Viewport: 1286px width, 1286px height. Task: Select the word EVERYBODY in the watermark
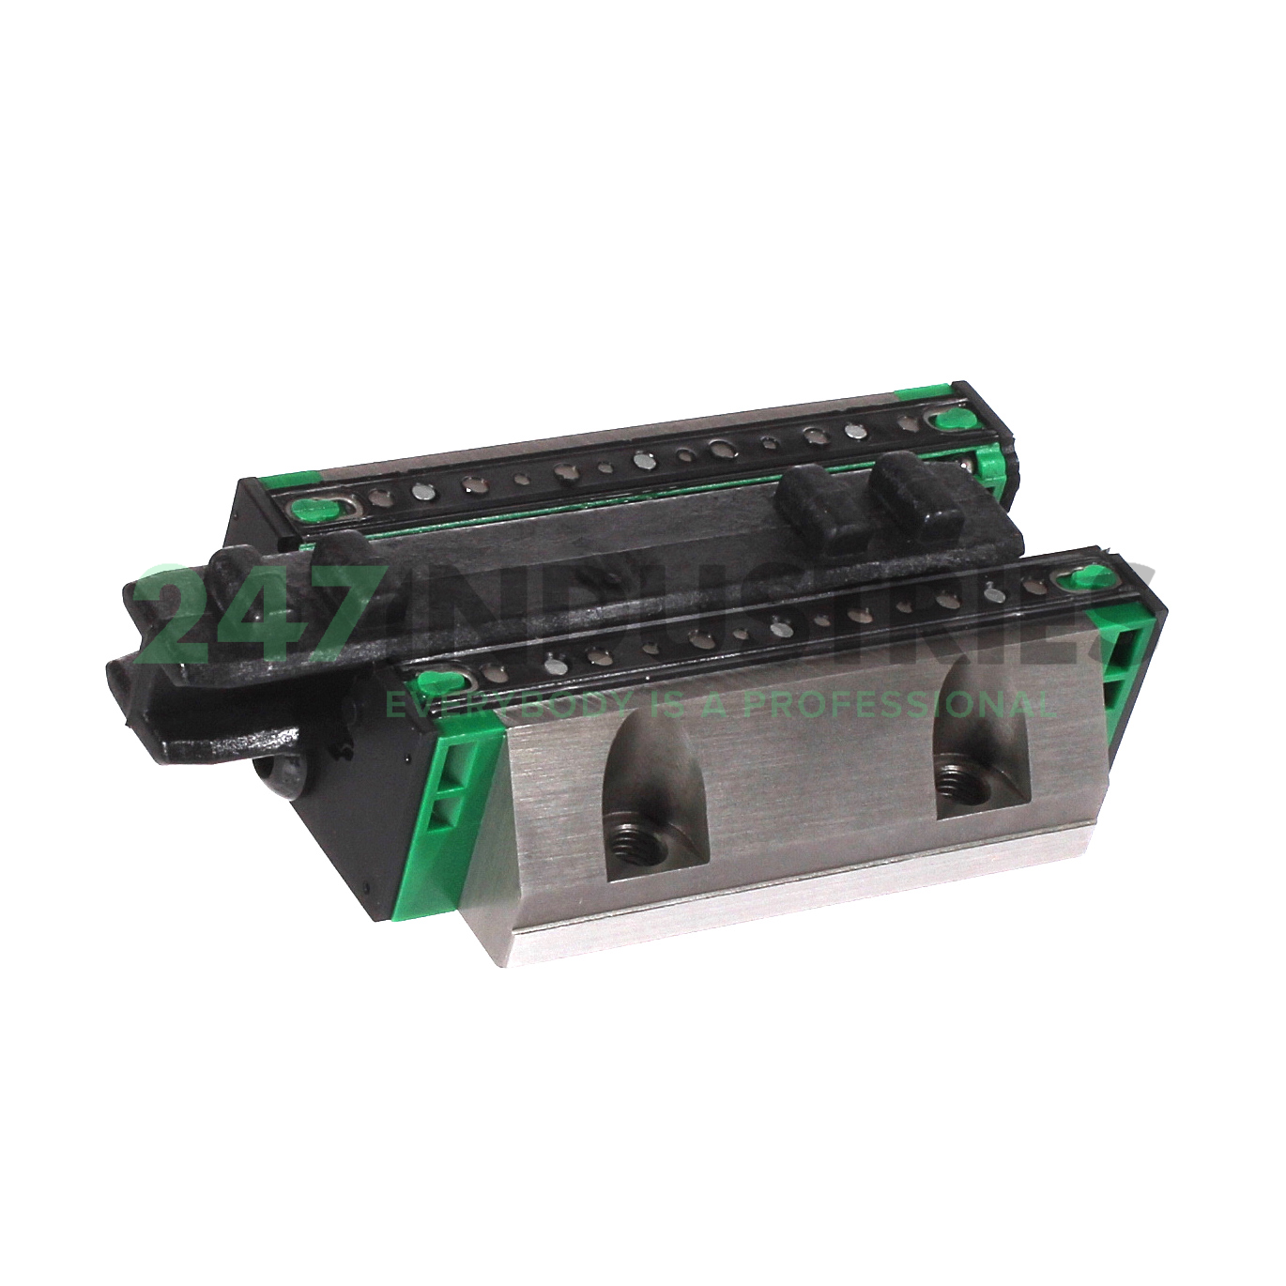480,702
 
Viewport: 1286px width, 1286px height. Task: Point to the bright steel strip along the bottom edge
798,901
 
